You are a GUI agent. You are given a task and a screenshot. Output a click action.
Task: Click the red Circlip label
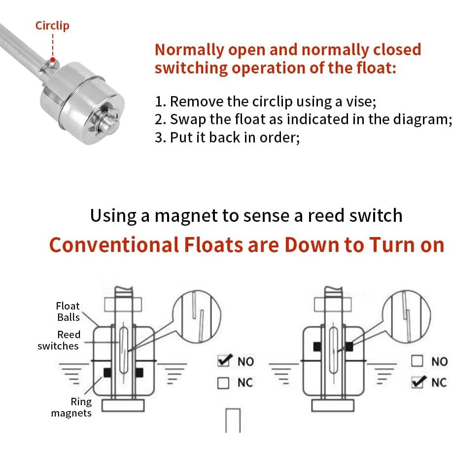click(x=52, y=26)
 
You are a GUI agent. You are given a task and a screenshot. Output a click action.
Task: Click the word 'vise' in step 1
click(x=361, y=102)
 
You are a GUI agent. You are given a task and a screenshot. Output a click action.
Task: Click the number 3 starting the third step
click(x=159, y=137)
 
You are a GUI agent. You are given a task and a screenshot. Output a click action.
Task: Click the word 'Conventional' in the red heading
click(x=114, y=244)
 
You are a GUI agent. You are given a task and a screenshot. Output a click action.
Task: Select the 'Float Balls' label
click(x=68, y=312)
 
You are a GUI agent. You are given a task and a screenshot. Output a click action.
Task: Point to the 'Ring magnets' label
click(x=71, y=407)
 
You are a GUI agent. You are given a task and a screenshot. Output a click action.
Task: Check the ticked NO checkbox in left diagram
click(x=224, y=361)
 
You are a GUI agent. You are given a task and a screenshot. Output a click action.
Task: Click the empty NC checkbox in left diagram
click(x=224, y=383)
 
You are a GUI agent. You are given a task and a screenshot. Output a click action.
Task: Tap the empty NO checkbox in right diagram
click(x=418, y=361)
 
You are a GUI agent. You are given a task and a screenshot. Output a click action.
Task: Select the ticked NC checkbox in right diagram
click(x=418, y=382)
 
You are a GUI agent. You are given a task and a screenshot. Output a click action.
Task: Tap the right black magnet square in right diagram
click(x=349, y=347)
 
